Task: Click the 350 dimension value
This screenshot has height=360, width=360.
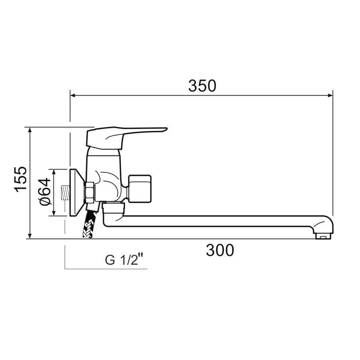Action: pyautogui.click(x=202, y=86)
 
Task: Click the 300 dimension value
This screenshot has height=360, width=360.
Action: pyautogui.click(x=220, y=250)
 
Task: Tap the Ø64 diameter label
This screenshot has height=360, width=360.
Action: pyautogui.click(x=45, y=192)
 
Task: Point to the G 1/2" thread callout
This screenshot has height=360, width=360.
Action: pyautogui.click(x=121, y=260)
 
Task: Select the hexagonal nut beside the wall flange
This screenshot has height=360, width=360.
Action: pyautogui.click(x=89, y=192)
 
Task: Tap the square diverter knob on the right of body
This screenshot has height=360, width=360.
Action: pyautogui.click(x=140, y=188)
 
